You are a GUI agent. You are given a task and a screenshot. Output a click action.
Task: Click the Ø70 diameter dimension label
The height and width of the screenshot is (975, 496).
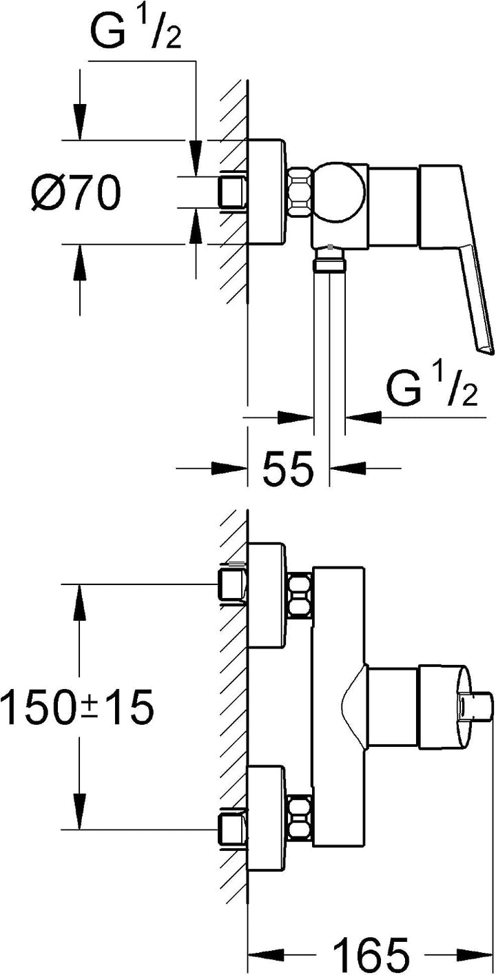click(76, 192)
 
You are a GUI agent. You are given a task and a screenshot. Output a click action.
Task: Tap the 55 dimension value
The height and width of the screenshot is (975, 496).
click(288, 469)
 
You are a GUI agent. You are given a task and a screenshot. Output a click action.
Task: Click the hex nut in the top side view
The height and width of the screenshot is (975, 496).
click(299, 192)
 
